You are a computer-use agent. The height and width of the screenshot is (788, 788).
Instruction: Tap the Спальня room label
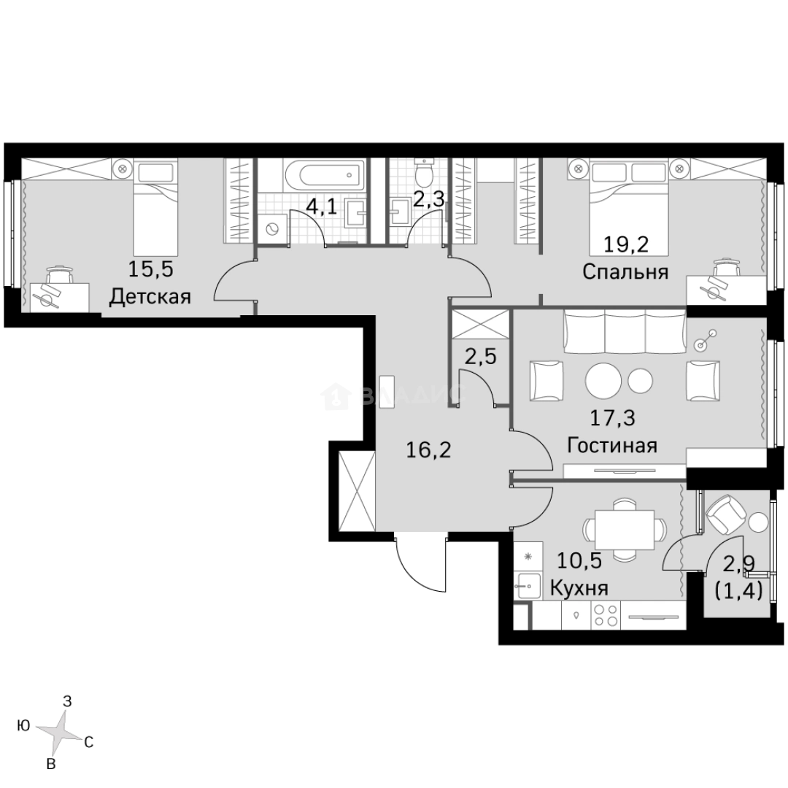625,272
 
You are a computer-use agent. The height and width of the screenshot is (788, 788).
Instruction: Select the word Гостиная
612,445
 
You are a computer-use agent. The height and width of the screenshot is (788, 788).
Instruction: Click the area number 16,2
428,449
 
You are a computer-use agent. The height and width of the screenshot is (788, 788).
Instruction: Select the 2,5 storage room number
482,358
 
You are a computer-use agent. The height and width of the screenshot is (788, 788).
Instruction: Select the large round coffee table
605,379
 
